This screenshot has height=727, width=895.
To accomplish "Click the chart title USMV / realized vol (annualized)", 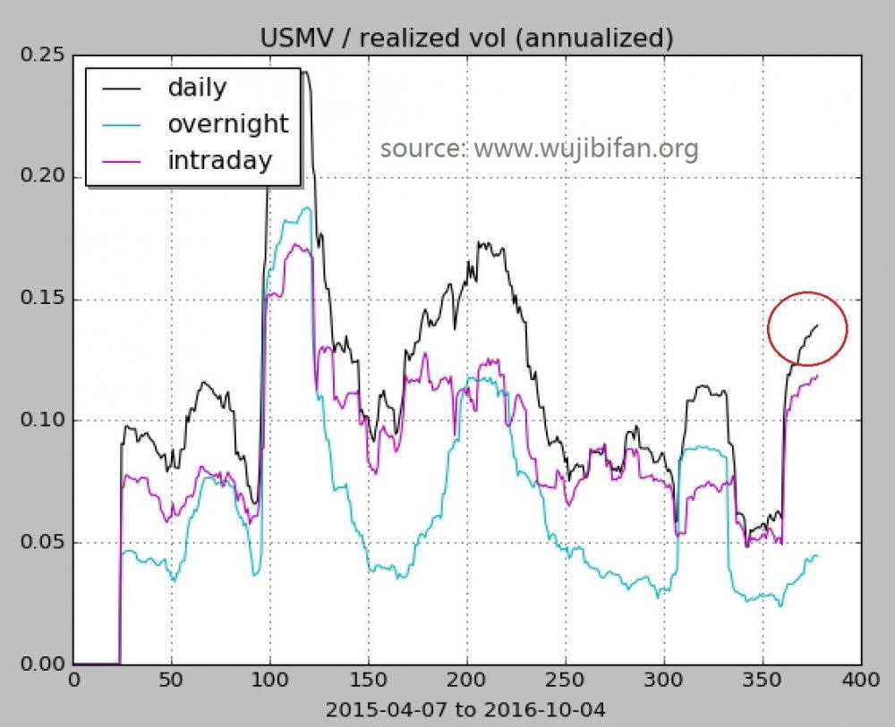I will (465, 38).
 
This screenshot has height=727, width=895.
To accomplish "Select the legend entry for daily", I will (197, 88).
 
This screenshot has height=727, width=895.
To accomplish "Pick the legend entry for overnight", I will (227, 123).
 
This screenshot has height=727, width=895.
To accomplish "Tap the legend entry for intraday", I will (219, 160).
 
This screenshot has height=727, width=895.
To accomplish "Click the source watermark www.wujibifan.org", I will (539, 148).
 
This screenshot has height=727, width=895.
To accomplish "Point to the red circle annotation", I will (807, 327).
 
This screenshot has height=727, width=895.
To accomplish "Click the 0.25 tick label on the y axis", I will (44, 55).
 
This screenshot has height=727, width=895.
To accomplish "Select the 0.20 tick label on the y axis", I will (44, 177).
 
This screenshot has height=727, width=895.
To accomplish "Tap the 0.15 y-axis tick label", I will (44, 300).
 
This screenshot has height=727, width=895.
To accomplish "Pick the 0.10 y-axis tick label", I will (44, 421).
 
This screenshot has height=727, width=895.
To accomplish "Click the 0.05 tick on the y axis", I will (44, 543).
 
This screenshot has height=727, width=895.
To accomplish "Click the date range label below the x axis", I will (465, 710).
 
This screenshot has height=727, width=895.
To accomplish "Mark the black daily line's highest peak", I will (305, 72).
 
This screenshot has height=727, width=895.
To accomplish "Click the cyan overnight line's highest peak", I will (307, 207).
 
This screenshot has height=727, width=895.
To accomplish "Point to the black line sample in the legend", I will (123, 89).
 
